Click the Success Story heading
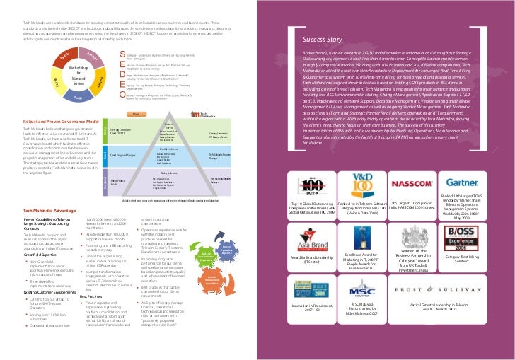pos(325,40)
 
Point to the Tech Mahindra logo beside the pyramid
pos(201,115)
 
